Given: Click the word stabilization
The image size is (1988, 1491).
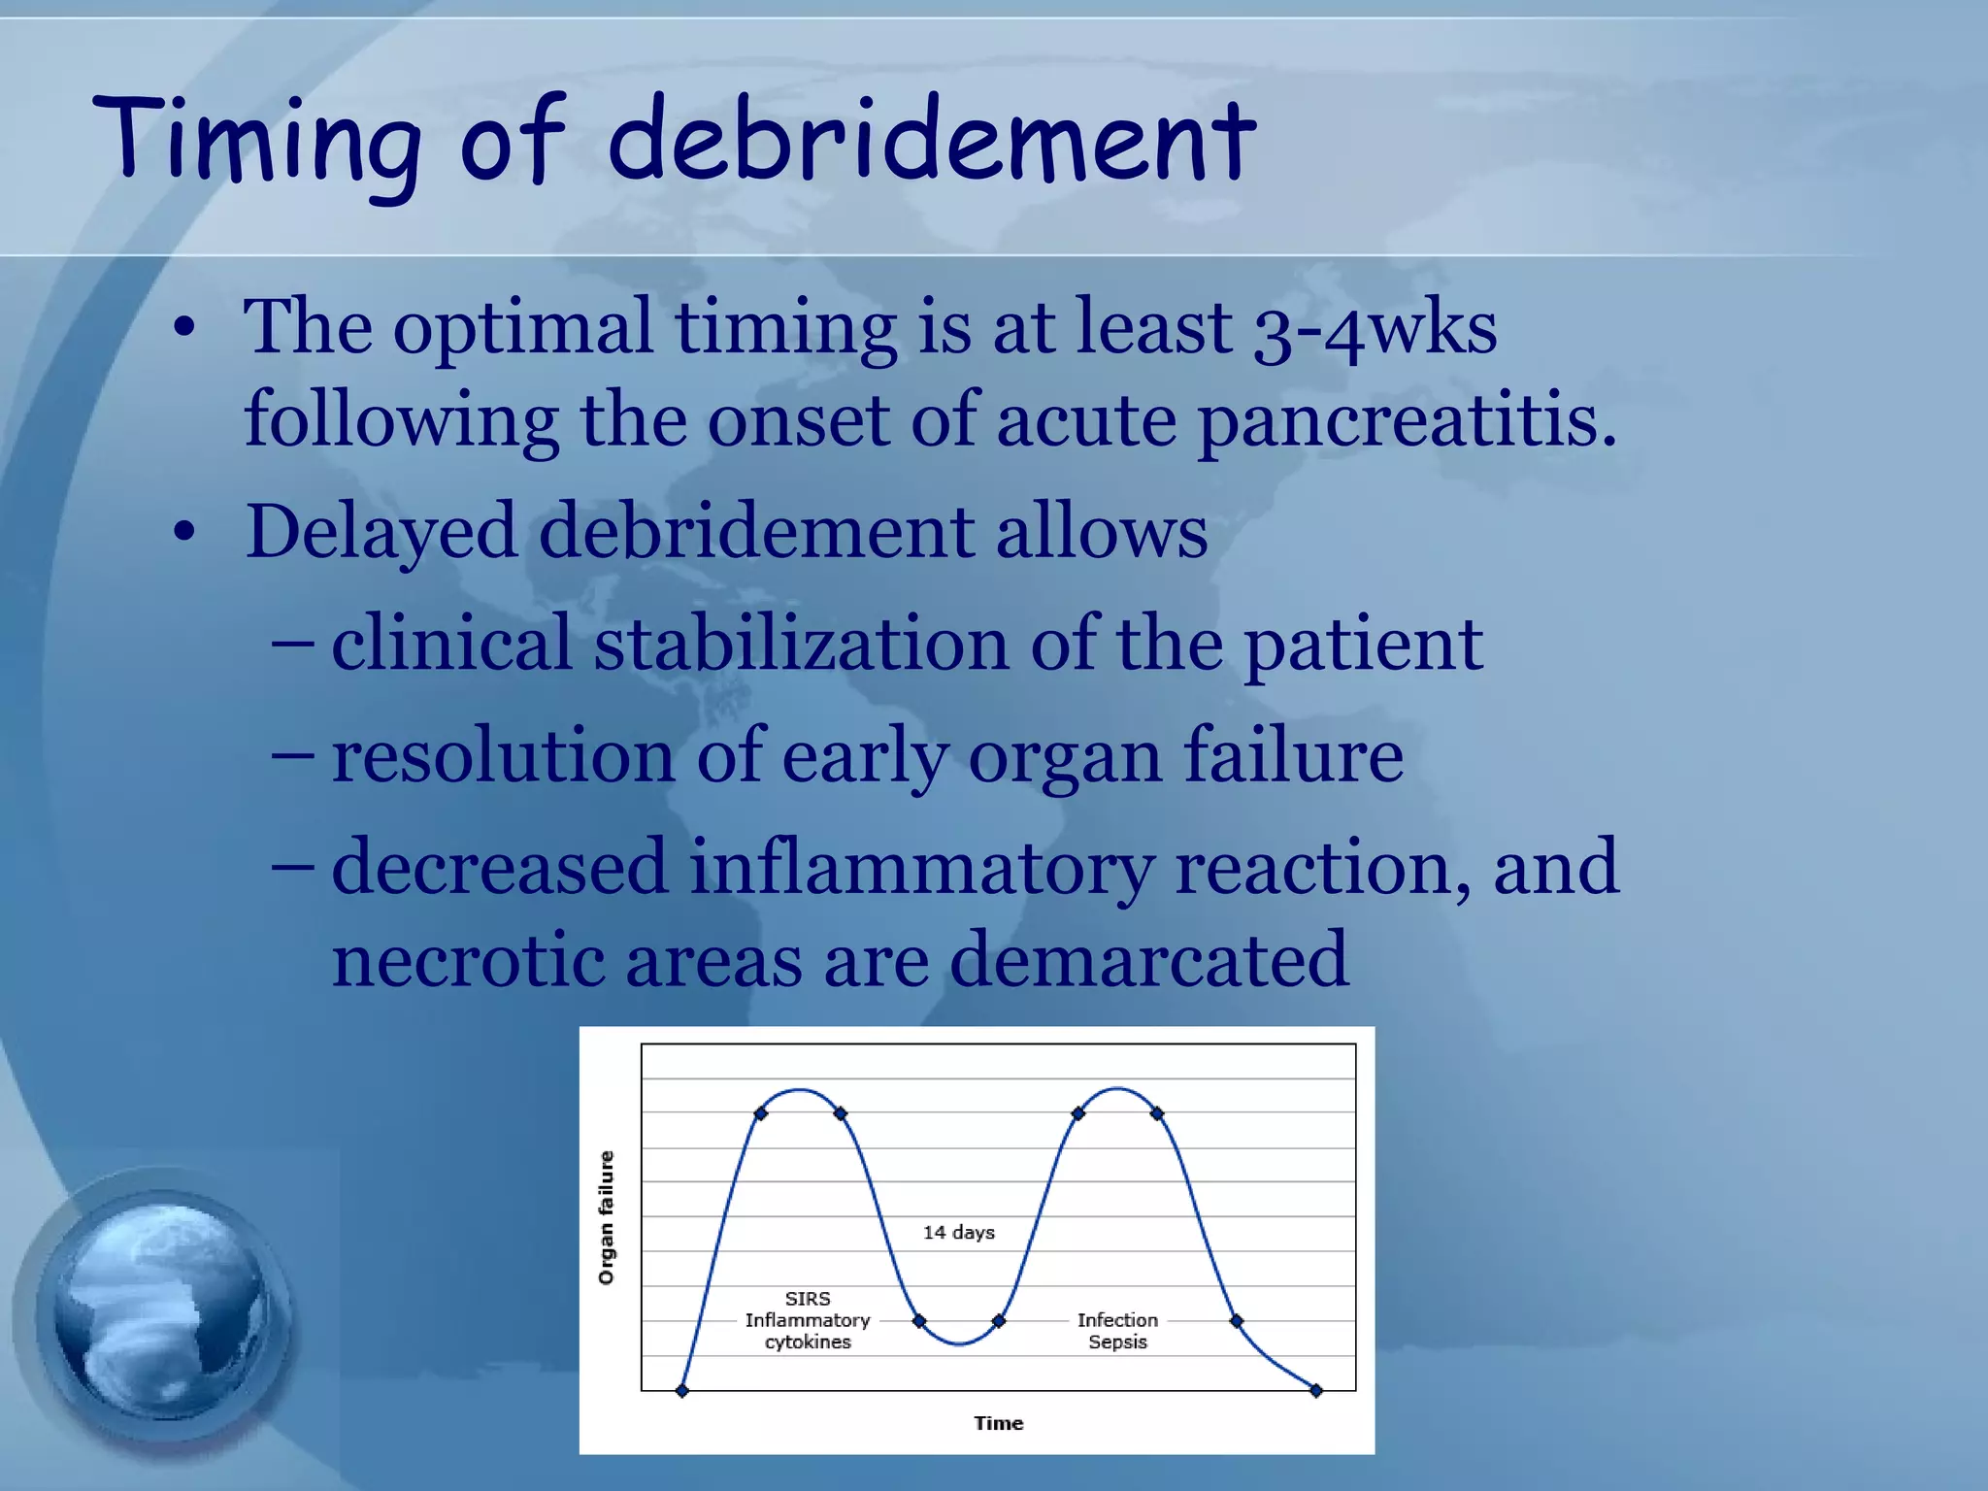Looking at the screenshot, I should (801, 646).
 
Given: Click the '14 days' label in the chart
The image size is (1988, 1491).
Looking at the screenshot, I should (958, 1233).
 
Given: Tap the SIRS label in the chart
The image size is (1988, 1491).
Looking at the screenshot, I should (808, 1299).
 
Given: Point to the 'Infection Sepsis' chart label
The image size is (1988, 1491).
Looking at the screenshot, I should (1117, 1331).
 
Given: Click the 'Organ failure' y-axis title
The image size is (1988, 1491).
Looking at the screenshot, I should (607, 1217).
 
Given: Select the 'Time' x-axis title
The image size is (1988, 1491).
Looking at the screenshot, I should (998, 1423).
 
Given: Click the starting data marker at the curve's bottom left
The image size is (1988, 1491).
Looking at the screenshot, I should (682, 1391).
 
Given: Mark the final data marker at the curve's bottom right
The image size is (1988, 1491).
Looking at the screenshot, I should (1316, 1391).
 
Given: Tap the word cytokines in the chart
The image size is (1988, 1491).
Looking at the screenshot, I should (808, 1342).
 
